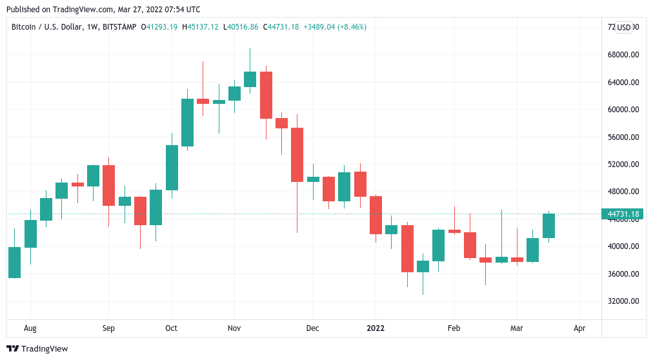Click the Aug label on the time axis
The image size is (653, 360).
(x=30, y=328)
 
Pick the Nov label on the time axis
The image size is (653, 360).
(x=234, y=328)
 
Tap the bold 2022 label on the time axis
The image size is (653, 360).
(x=375, y=328)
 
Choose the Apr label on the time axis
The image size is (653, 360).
(x=579, y=328)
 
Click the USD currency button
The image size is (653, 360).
(x=624, y=27)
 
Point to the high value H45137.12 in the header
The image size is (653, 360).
(x=201, y=26)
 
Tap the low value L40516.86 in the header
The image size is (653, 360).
(x=239, y=26)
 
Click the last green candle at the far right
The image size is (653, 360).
(x=548, y=226)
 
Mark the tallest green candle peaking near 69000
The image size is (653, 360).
(x=250, y=79)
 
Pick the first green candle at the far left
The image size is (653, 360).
(x=14, y=262)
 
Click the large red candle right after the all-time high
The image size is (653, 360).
(x=266, y=95)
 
